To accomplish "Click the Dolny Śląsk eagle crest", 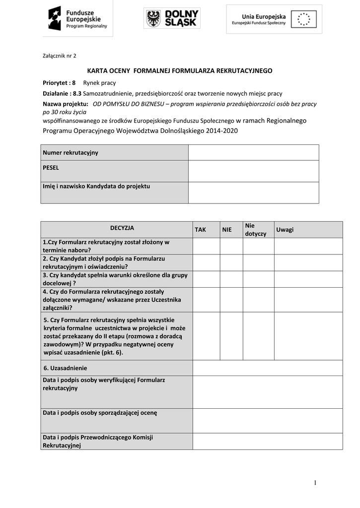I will click(x=154, y=19).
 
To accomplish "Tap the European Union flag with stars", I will click(x=303, y=19).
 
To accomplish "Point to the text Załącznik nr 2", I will click(x=58, y=56).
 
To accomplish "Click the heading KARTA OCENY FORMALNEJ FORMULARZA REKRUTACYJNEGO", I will click(x=180, y=71).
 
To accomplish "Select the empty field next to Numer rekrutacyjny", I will click(x=253, y=152).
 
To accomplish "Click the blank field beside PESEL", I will click(x=253, y=171).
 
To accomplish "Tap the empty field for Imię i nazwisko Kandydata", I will click(x=253, y=192).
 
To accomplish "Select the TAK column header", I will click(x=200, y=230).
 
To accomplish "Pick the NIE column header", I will click(x=227, y=230).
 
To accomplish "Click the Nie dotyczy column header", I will click(x=255, y=229).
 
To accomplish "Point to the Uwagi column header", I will click(x=285, y=230).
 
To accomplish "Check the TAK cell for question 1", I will click(x=206, y=246).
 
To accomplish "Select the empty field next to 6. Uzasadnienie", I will click(x=267, y=368).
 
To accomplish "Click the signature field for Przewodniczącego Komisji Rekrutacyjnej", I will click(x=267, y=441).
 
